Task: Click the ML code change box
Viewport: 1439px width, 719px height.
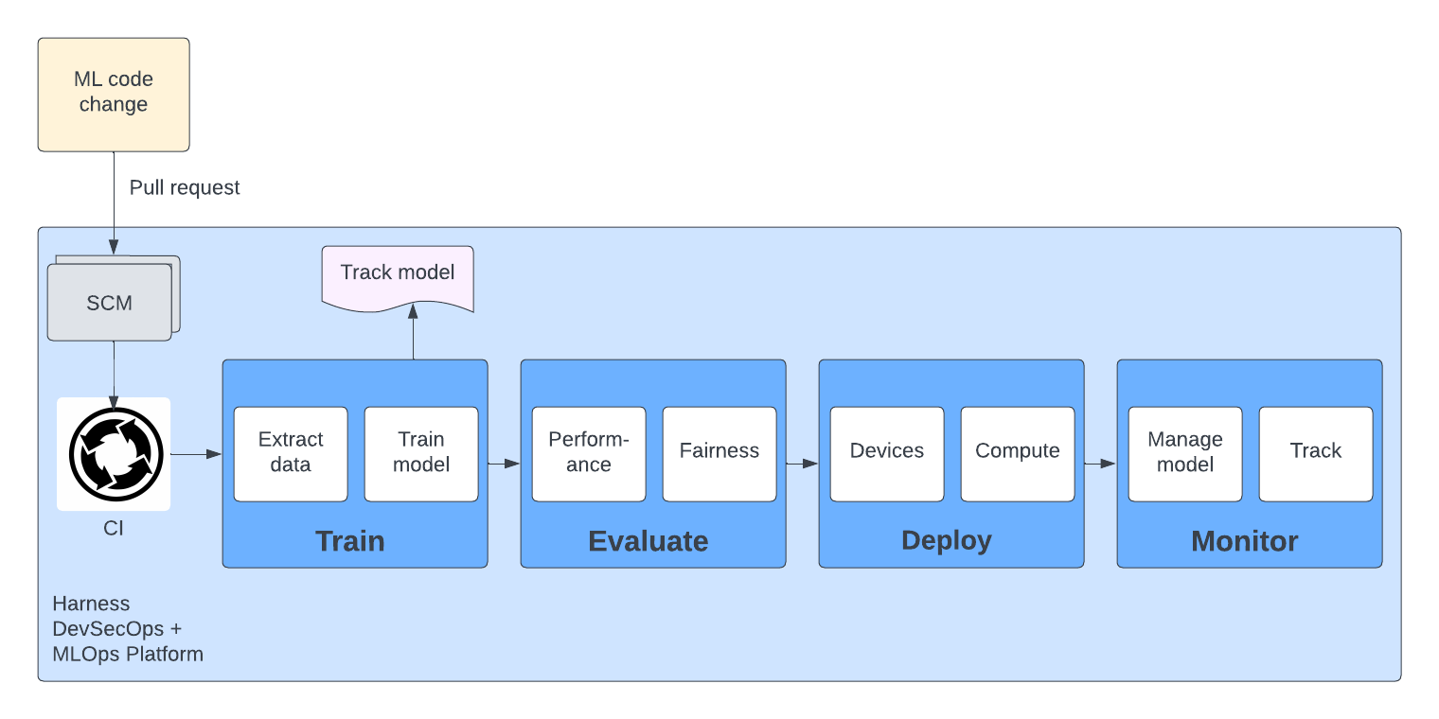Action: coord(114,95)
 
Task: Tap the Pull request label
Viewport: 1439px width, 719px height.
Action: coord(185,188)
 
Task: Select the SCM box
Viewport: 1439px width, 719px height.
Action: coord(110,303)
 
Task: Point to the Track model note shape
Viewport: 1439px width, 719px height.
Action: coord(398,275)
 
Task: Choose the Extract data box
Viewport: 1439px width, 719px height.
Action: coord(291,453)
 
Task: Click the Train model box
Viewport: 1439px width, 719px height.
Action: coord(421,453)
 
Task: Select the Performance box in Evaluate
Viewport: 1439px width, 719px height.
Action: coord(589,453)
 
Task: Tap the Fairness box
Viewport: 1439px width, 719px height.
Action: coord(719,453)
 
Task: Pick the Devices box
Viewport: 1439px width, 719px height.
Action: coord(887,453)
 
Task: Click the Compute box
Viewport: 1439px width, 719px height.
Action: coord(1018,453)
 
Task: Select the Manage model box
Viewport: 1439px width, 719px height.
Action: coord(1185,453)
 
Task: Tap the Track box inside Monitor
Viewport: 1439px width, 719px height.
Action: coord(1316,453)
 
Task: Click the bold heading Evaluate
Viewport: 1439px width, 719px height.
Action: coord(648,541)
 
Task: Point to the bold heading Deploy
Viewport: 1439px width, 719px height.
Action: coord(947,540)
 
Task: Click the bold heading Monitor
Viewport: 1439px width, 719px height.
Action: coord(1245,541)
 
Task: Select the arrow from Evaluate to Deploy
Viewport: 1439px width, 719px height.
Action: coord(802,464)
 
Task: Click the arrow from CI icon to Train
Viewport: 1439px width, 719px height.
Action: coord(196,455)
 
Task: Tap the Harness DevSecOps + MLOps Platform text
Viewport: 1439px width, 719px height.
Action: coord(128,629)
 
